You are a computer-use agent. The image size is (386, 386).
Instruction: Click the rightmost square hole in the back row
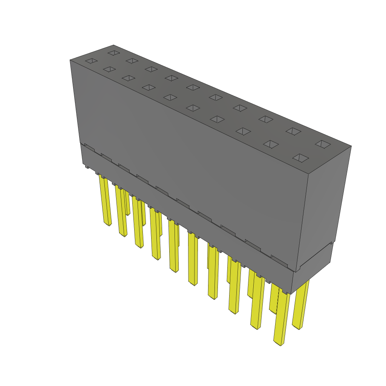(x=323, y=144)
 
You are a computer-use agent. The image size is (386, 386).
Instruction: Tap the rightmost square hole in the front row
(x=301, y=158)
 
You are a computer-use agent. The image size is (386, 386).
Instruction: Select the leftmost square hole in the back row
(x=113, y=53)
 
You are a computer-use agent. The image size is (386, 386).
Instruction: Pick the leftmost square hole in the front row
(x=91, y=61)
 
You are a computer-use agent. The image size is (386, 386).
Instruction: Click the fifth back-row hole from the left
(x=193, y=87)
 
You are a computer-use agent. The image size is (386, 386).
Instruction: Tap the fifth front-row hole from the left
(x=170, y=97)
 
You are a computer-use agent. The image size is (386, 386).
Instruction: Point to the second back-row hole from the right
(x=293, y=131)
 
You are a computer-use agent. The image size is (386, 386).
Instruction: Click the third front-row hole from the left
(x=129, y=78)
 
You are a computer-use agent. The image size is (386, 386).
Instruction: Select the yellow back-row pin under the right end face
(x=301, y=305)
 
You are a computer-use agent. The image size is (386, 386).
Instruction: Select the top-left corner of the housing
(x=70, y=60)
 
